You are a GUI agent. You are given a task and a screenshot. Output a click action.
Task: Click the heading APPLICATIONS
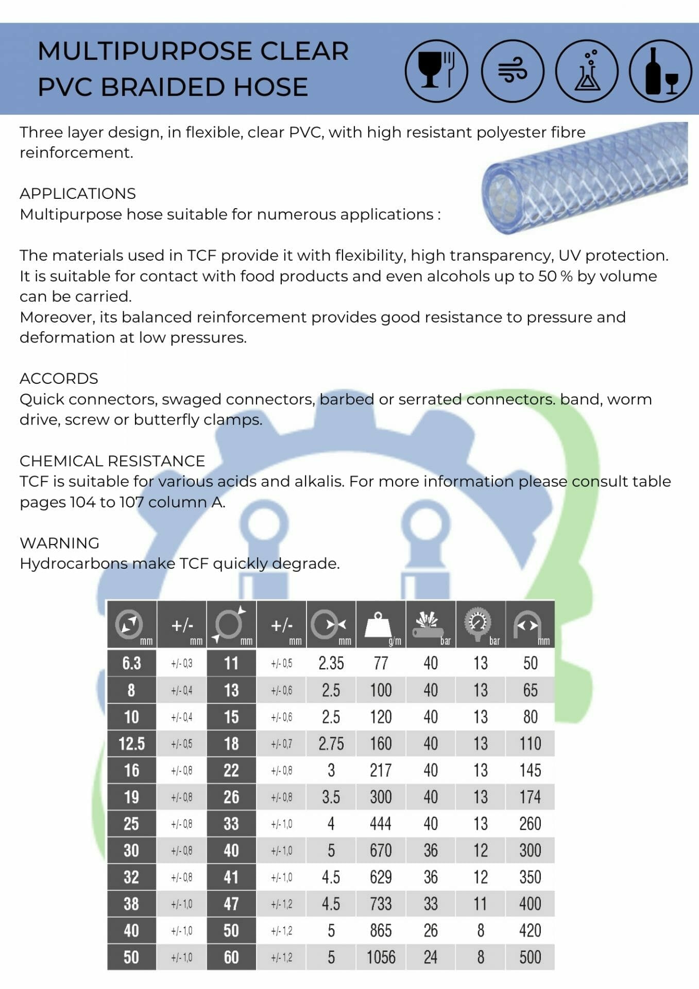[78, 194]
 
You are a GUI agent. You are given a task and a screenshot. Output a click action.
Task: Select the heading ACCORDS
[59, 379]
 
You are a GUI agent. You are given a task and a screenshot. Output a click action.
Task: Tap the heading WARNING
[59, 543]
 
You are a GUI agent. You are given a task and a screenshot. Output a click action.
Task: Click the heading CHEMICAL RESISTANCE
[112, 461]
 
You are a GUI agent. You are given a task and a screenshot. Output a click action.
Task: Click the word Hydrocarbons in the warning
[75, 564]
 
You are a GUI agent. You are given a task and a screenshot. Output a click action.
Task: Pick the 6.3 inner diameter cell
[131, 663]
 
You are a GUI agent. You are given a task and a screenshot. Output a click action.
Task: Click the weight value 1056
[381, 957]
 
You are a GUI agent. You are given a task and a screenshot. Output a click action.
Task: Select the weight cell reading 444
[381, 824]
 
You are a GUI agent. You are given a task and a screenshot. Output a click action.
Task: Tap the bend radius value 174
[530, 797]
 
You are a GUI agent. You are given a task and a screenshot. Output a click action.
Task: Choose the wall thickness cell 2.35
[331, 663]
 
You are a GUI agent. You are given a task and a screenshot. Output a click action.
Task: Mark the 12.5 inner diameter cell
[131, 743]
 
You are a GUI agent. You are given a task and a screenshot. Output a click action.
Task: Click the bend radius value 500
[530, 957]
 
